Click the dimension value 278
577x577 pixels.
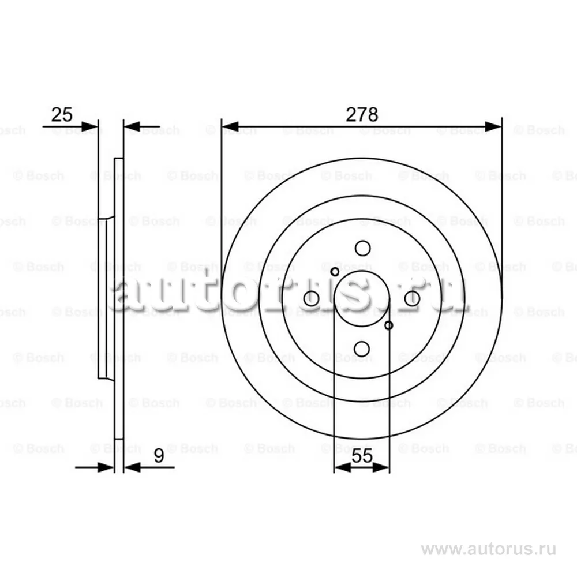[x=362, y=114]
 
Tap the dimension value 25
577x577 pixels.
[x=62, y=114]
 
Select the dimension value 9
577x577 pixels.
[x=159, y=456]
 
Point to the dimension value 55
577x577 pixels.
[x=362, y=456]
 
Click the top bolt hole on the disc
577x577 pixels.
[x=362, y=248]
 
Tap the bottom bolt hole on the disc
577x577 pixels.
[x=362, y=349]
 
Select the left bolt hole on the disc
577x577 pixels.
[x=312, y=298]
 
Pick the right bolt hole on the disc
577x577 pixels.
[x=412, y=298]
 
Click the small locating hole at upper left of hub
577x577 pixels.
[x=335, y=272]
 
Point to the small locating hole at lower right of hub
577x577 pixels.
[x=388, y=325]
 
